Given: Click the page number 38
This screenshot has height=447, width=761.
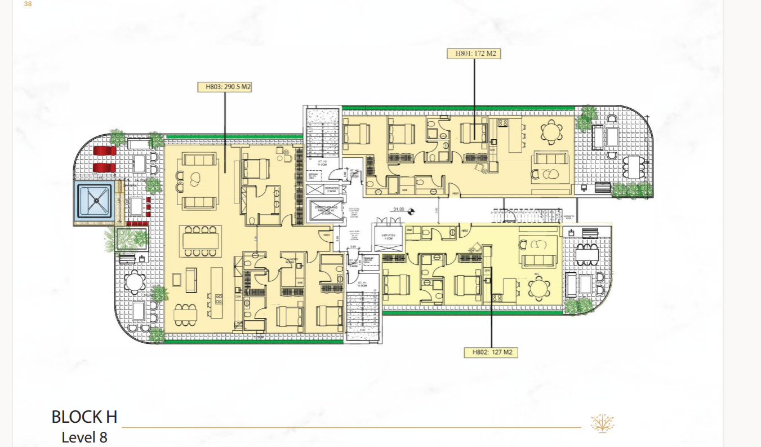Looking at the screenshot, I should (x=28, y=5).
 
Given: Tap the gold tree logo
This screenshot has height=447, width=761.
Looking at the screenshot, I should (x=602, y=423).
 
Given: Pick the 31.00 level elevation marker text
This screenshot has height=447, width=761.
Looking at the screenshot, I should (x=399, y=210).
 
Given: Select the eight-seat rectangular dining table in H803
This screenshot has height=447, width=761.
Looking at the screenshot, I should (x=199, y=240).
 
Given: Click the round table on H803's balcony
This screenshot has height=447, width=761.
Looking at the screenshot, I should (x=135, y=281).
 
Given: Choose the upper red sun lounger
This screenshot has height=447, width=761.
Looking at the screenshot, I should (x=104, y=151).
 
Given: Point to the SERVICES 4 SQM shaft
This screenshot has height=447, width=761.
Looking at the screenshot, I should (x=388, y=237).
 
